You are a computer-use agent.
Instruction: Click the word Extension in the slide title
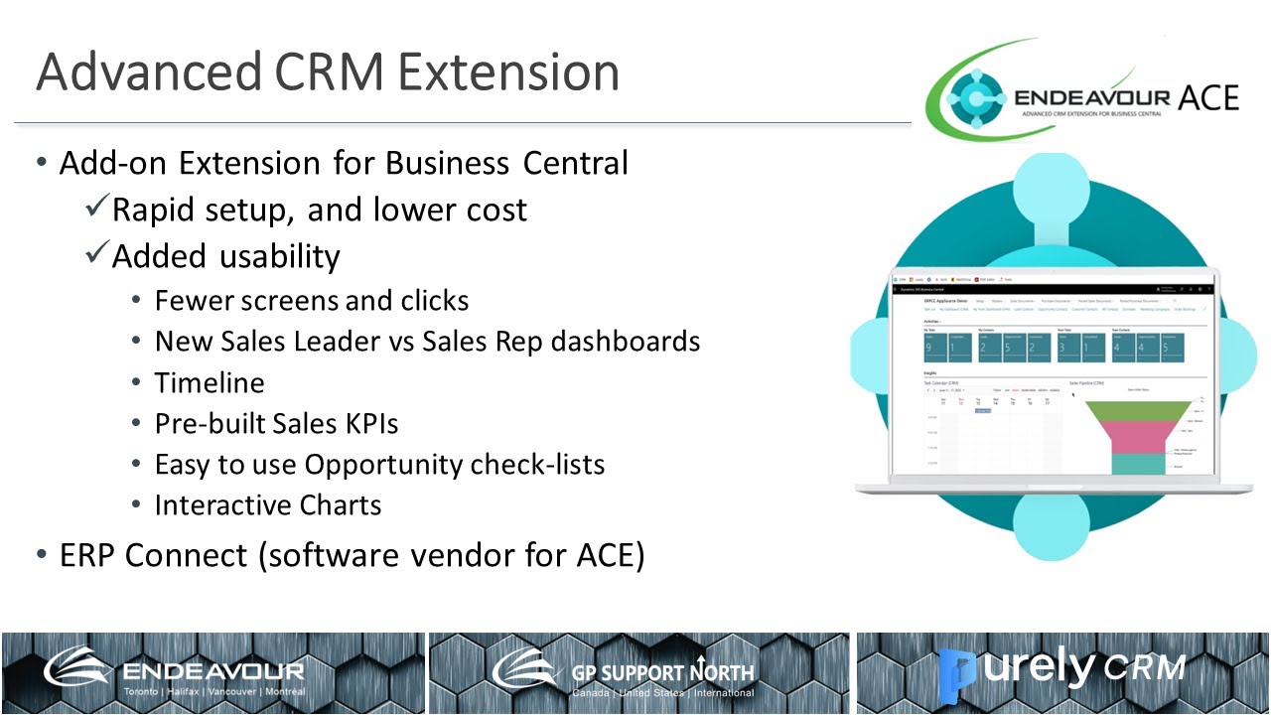click(508, 72)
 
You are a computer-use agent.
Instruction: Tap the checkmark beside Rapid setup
click(97, 208)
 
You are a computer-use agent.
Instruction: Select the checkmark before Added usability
click(97, 254)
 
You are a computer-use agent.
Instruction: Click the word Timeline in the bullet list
click(210, 382)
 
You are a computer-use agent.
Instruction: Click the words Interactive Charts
click(268, 504)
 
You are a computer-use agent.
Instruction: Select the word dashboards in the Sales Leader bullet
click(626, 342)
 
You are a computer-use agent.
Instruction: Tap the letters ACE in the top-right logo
click(1208, 97)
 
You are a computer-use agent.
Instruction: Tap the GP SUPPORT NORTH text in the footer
click(662, 672)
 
